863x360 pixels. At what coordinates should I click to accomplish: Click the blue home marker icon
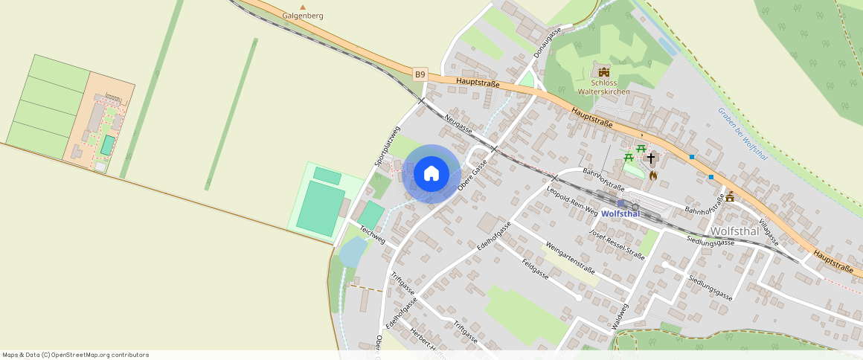pos(431,174)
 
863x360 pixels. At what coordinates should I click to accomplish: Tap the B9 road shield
pos(420,74)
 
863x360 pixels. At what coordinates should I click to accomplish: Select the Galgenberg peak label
pos(302,15)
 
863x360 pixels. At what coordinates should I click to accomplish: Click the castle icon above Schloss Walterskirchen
pos(604,72)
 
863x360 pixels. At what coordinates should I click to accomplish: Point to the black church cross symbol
pos(651,158)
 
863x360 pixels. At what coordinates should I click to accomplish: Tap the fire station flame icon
pos(653,176)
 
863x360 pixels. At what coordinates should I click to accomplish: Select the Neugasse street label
pos(458,126)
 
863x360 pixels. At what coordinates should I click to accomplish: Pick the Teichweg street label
pos(372,234)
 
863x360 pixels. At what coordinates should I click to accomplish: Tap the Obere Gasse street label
pos(472,175)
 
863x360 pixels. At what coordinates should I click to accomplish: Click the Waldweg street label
pos(620,316)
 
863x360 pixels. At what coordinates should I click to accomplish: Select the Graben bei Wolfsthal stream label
pos(742,133)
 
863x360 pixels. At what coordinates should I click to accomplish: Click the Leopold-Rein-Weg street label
pos(571,201)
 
